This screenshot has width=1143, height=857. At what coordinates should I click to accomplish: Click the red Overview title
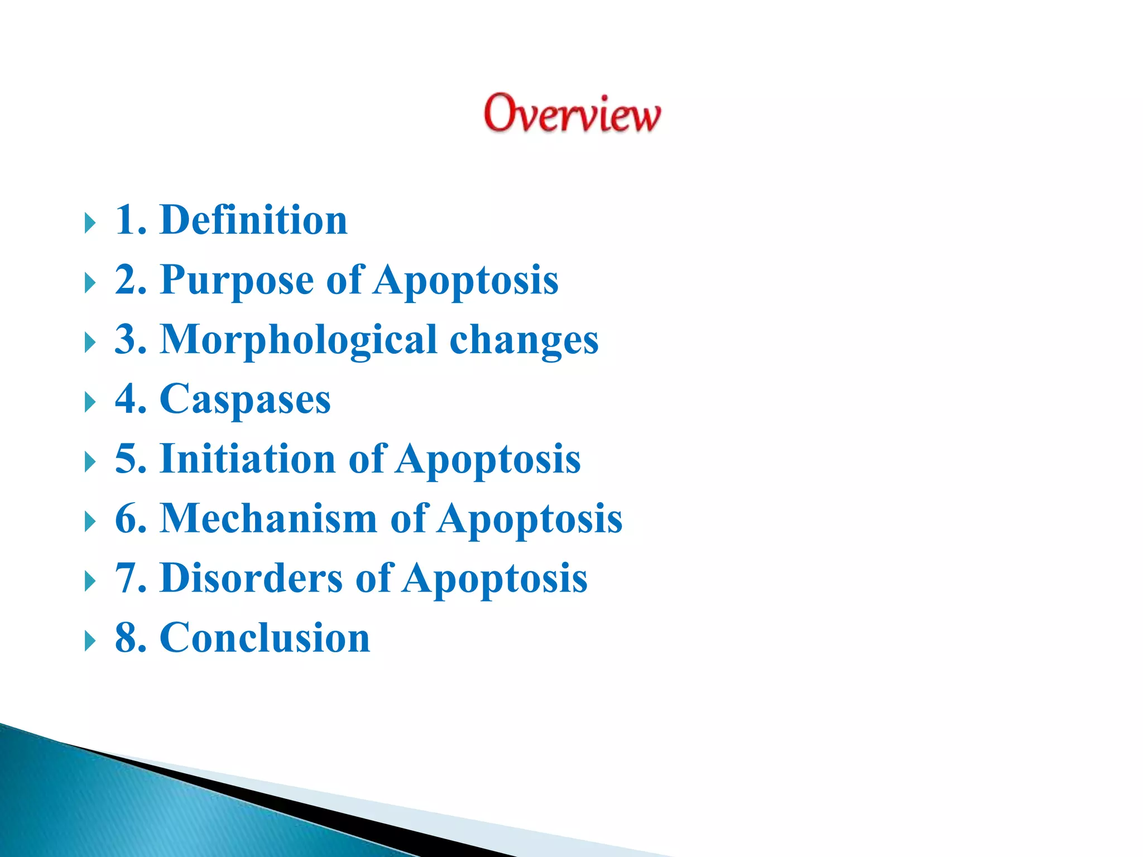pyautogui.click(x=572, y=114)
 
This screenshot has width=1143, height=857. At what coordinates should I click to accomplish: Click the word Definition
pyautogui.click(x=253, y=220)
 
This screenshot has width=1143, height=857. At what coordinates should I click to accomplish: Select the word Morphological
pyautogui.click(x=298, y=340)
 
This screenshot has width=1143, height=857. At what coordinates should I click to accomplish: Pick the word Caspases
pyautogui.click(x=245, y=399)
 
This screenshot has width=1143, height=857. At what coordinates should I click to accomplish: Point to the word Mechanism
pyautogui.click(x=268, y=518)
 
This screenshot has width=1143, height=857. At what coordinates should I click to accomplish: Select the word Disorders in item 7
pyautogui.click(x=251, y=578)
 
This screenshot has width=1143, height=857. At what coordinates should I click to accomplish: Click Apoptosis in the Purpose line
pyautogui.click(x=465, y=280)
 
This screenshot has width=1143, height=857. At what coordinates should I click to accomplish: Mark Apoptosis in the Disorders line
pyautogui.click(x=494, y=578)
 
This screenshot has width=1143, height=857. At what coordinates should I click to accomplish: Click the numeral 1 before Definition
pyautogui.click(x=124, y=220)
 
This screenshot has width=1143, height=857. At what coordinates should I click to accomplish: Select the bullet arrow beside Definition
pyautogui.click(x=90, y=223)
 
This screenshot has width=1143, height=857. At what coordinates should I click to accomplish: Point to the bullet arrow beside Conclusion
pyautogui.click(x=90, y=641)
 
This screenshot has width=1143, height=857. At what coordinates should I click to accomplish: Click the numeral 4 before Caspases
pyautogui.click(x=124, y=399)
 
